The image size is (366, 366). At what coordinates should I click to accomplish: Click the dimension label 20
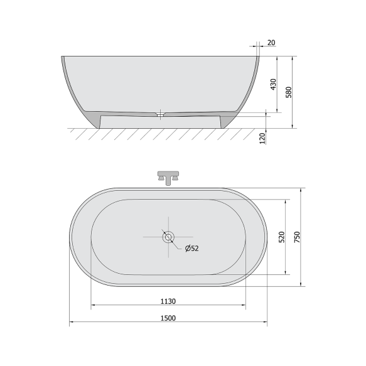pos(271,43)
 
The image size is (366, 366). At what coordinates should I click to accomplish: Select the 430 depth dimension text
pos(273,85)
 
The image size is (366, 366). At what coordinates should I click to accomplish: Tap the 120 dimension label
pos(263,137)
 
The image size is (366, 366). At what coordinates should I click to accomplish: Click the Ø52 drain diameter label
pos(191,249)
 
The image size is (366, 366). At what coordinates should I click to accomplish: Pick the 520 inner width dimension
pos(283,237)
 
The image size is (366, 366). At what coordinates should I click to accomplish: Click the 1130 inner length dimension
pos(167,301)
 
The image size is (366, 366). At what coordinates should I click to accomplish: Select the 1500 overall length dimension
pos(167,318)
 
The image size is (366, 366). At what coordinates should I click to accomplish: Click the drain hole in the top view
pos(168,237)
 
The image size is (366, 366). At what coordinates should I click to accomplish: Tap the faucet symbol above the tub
pos(168,176)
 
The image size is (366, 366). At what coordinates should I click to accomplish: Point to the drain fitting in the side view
pos(161,114)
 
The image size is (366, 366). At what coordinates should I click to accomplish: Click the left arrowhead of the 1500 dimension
pos(72,323)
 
